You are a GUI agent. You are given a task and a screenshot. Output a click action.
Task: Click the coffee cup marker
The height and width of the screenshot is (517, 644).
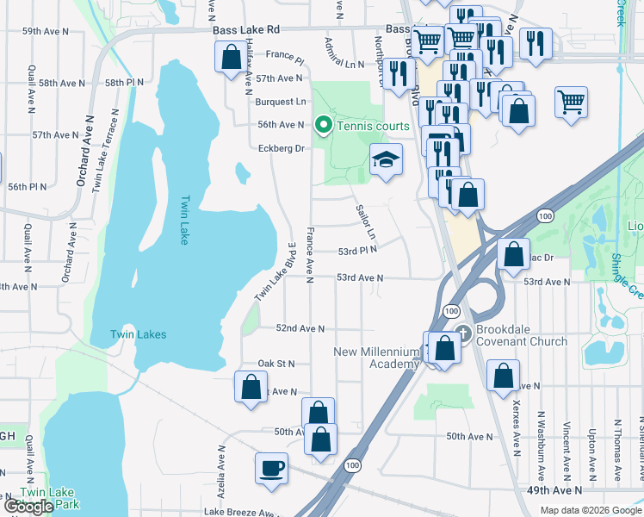coord(271,468)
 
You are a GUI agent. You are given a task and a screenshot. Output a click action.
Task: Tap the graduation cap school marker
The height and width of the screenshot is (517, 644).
coord(386,159)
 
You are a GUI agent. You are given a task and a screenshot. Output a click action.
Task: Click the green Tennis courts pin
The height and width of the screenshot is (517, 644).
coord(324,126)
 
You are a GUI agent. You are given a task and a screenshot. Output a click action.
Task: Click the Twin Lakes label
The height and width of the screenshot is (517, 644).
coord(138,334)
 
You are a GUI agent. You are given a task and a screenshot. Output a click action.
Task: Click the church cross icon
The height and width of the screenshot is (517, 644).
coord(462,333)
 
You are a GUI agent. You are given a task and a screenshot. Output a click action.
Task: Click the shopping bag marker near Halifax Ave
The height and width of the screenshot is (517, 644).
coord(231,59)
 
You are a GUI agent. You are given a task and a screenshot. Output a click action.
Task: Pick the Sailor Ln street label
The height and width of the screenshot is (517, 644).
coord(366,222)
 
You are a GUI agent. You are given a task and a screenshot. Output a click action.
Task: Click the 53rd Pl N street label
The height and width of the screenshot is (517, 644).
coord(357,250)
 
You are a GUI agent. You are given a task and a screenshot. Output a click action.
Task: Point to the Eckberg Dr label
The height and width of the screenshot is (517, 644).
coord(282,148)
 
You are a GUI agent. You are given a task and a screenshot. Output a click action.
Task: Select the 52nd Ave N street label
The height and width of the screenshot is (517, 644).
coord(300,328)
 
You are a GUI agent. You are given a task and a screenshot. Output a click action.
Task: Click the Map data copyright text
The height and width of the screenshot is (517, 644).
coord(591,510)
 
